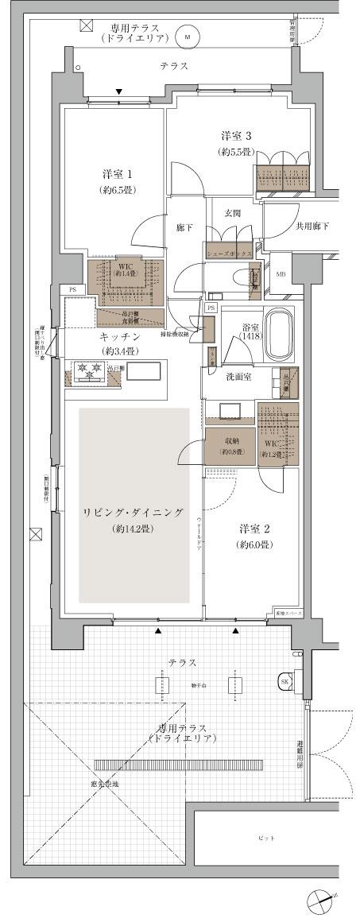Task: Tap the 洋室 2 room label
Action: pos(255,528)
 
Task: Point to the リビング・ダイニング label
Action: pos(134,512)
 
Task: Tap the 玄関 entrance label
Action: pos(233,212)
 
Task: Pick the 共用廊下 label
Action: pos(312,227)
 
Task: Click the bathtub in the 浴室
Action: pos(279,335)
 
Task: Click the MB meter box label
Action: pos(280,274)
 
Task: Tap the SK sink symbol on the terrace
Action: pos(285,681)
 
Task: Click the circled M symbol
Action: pos(188,37)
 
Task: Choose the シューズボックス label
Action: pos(229,253)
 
